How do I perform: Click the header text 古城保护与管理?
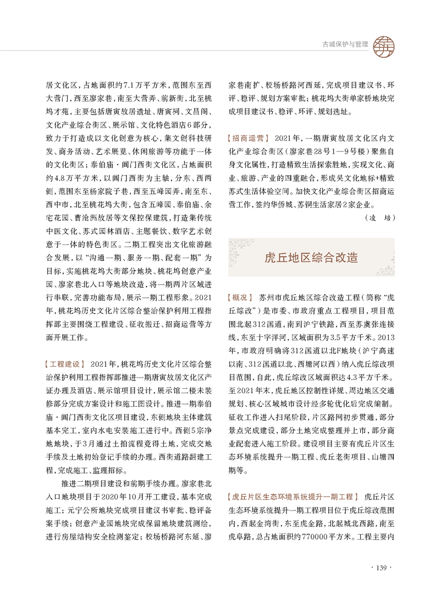click(344, 43)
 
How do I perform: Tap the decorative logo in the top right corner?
click(383, 43)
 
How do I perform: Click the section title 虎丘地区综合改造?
click(311, 257)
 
